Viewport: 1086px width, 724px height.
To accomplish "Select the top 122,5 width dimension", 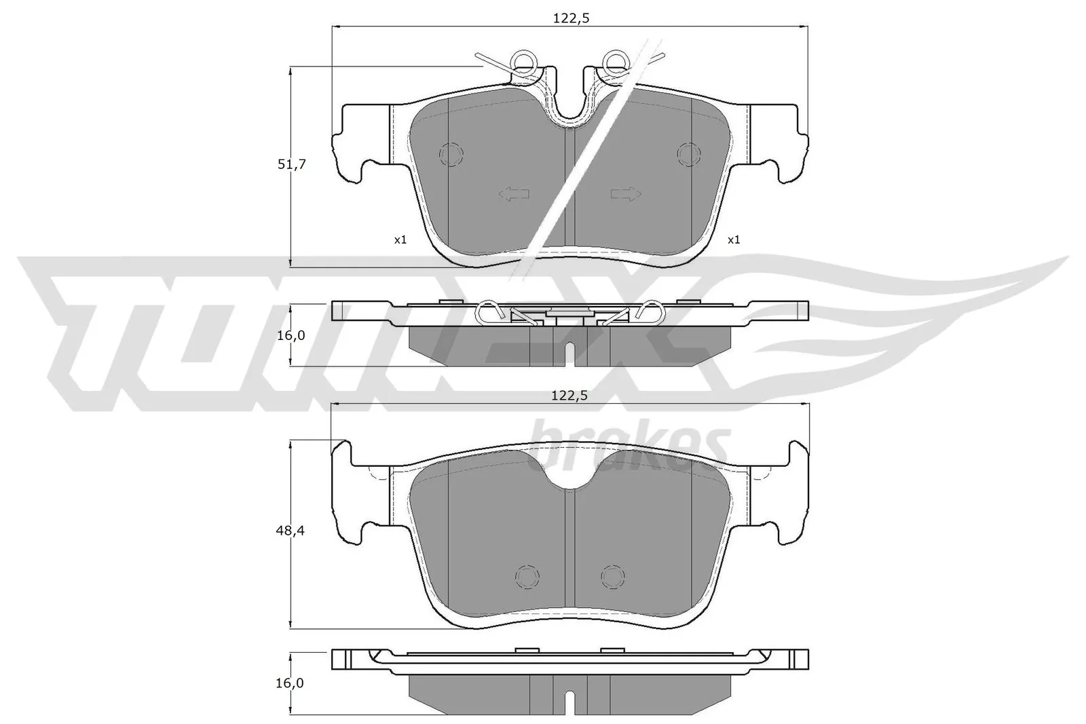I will coord(569,19).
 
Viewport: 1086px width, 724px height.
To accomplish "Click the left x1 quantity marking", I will coord(400,240).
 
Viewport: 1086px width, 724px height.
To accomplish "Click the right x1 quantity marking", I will coord(734,240).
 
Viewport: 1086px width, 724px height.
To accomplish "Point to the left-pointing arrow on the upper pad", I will coord(514,195).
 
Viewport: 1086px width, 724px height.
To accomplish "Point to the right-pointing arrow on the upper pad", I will coord(625,195).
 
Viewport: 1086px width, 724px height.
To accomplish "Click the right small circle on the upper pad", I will coord(689,155).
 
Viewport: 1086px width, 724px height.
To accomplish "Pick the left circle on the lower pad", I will coord(527,577).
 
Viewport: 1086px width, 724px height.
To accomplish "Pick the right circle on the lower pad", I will coord(612,577).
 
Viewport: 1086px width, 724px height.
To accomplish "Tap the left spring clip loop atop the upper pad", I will coord(524,62).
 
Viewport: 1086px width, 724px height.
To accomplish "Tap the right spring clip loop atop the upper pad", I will coord(616,62).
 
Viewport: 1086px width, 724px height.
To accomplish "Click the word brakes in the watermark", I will coord(628,444).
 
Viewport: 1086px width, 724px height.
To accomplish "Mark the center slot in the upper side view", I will coord(570,354).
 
